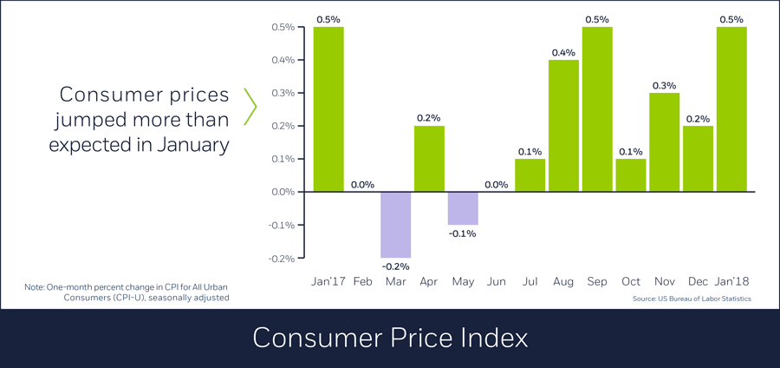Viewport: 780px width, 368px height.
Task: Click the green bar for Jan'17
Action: point(328,109)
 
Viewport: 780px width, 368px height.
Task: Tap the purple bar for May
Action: point(463,208)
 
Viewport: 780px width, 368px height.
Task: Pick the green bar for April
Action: point(429,159)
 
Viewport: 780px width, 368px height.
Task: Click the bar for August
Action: point(563,126)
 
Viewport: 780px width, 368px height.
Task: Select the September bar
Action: point(597,109)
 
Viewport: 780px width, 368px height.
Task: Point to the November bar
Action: point(665,142)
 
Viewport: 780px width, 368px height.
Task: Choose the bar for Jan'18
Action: point(731,109)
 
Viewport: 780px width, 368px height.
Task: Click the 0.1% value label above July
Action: point(530,152)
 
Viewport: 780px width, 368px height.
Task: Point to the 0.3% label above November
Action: point(665,85)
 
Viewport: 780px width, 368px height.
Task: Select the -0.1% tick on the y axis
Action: point(282,225)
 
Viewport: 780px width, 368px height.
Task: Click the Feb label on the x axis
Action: point(362,282)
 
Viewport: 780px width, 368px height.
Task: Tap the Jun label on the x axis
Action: point(497,282)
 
